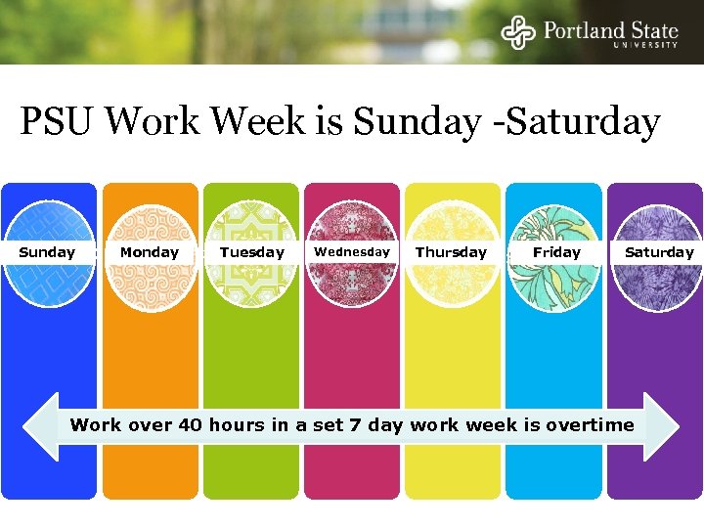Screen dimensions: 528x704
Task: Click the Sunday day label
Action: pyautogui.click(x=47, y=252)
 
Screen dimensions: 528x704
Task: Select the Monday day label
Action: pyautogui.click(x=149, y=252)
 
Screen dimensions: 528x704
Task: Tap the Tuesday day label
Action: pyautogui.click(x=251, y=252)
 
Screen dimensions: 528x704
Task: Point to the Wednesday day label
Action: pyautogui.click(x=352, y=252)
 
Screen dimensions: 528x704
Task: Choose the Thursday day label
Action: pyautogui.click(x=451, y=252)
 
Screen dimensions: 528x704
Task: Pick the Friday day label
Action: pyautogui.click(x=556, y=252)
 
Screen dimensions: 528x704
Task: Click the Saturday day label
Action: pyautogui.click(x=659, y=252)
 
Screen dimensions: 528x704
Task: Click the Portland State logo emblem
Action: pyautogui.click(x=518, y=32)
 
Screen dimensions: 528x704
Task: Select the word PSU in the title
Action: pyautogui.click(x=58, y=122)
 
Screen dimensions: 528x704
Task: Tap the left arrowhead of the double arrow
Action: pyautogui.click(x=41, y=426)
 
